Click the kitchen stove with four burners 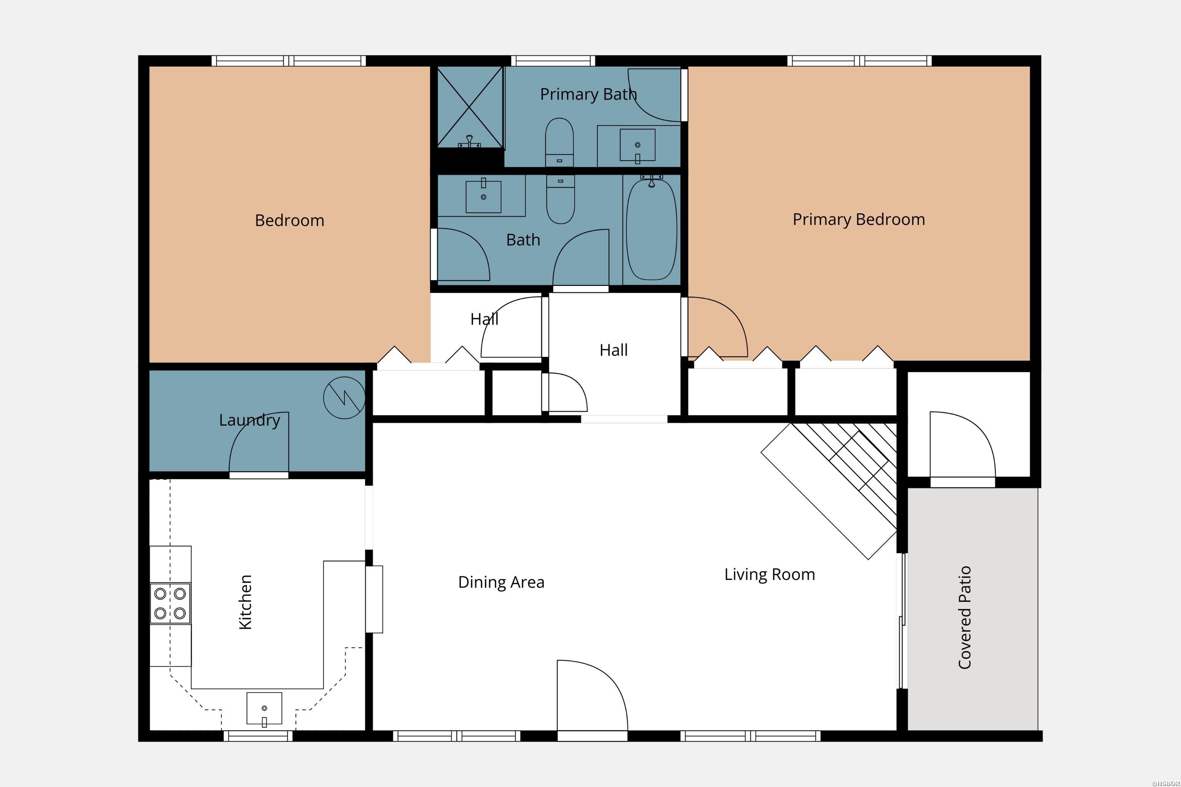point(170,603)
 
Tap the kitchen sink point(264,708)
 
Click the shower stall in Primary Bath point(469,107)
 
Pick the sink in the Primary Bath point(637,145)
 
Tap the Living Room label point(769,574)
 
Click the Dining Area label point(501,582)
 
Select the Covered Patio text point(965,618)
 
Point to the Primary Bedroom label point(858,219)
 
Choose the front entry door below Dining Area point(592,698)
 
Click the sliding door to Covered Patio point(902,621)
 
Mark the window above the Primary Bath point(553,61)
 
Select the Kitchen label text point(245,602)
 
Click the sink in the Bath point(484,196)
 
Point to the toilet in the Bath point(561,201)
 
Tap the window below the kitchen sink point(258,736)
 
